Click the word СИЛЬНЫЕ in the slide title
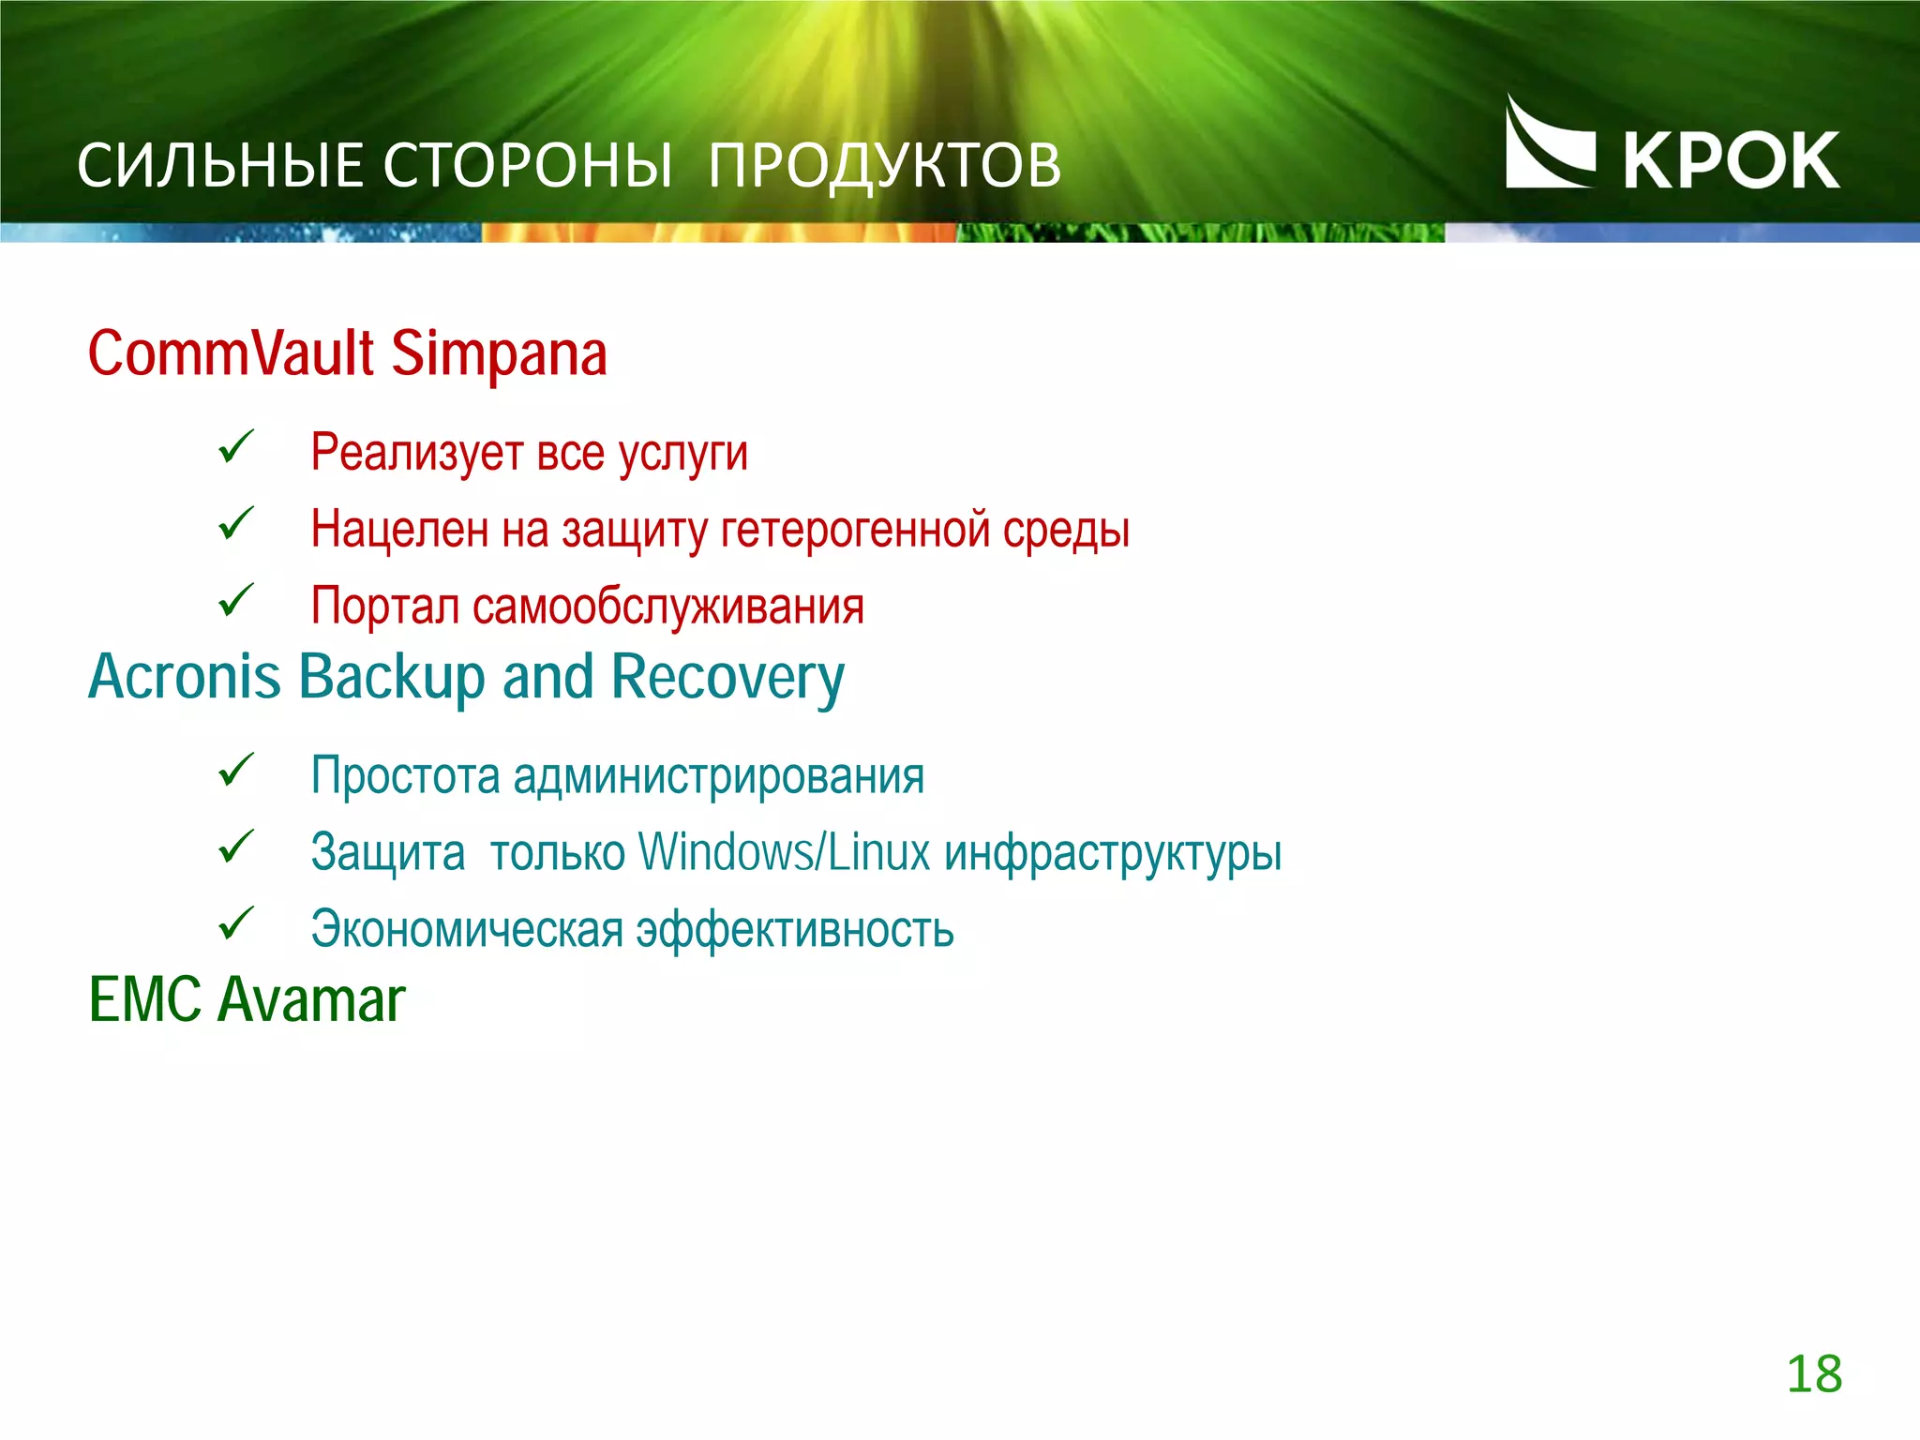pos(218,166)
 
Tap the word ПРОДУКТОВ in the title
pos(884,166)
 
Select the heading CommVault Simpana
pos(347,353)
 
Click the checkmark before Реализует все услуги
pos(235,446)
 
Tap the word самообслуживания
pos(667,607)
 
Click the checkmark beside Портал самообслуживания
pos(235,600)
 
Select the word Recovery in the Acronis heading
pos(727,677)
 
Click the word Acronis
pos(184,677)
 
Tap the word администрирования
pos(718,776)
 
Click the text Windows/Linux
pos(785,852)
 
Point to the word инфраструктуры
pos(1113,854)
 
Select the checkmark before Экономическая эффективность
pos(235,922)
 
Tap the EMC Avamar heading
pos(247,999)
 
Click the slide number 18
pos(1814,1374)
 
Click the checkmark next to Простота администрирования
pos(235,770)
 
